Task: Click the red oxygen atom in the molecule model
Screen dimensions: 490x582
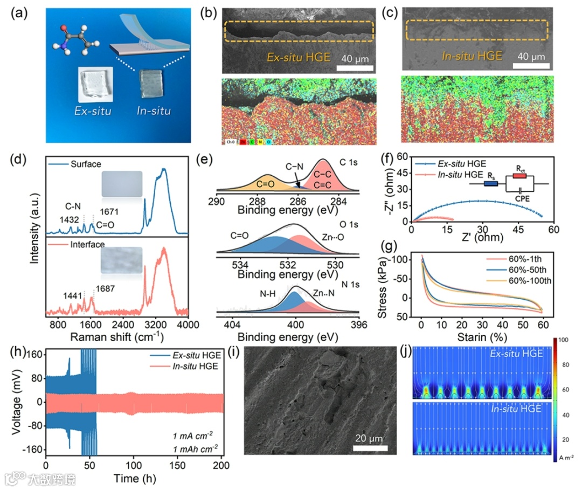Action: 64,26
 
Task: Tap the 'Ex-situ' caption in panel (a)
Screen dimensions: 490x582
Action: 96,112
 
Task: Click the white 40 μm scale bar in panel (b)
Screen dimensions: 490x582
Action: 356,67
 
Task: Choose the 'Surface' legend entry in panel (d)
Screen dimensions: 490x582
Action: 85,164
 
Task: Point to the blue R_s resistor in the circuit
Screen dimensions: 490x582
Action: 490,184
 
